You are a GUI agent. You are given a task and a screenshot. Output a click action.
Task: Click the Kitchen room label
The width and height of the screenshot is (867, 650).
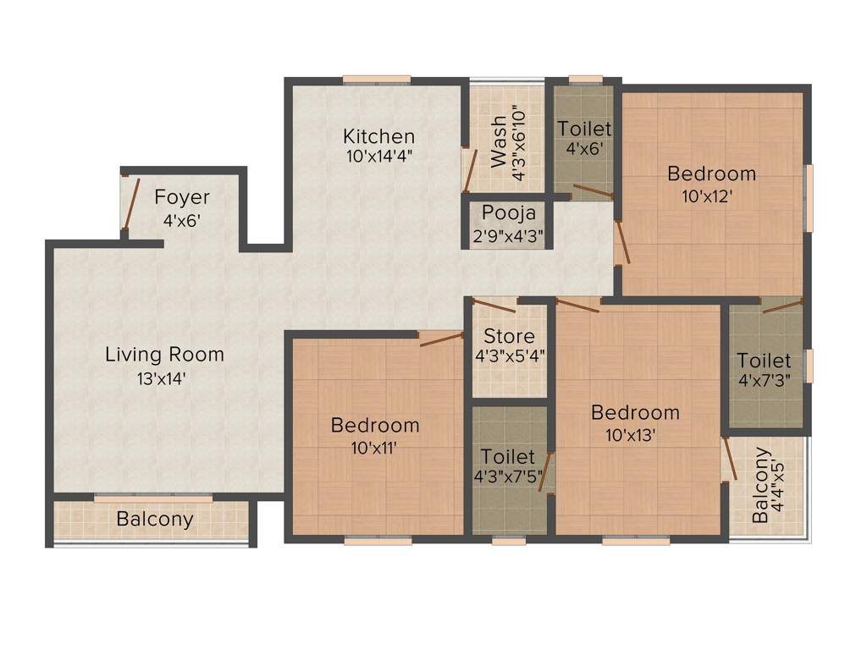coord(378,136)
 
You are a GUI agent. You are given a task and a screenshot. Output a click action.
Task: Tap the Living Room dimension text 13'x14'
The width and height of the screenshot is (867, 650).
coord(164,378)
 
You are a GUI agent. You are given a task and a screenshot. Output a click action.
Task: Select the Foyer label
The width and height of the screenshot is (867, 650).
coord(182,198)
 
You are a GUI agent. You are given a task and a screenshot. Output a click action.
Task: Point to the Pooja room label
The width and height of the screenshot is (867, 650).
coord(507,212)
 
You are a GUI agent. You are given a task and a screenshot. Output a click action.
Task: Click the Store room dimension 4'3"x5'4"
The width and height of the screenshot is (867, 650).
coord(510,356)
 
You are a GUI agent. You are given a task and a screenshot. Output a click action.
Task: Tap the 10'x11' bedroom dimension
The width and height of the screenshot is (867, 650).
coord(375,448)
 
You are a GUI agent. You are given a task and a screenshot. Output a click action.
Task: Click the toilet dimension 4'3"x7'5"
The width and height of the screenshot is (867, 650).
coord(510,476)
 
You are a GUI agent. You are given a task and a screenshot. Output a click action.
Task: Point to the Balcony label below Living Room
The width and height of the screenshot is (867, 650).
coord(155,520)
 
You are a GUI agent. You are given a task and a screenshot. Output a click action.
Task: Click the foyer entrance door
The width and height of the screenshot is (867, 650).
coord(128,204)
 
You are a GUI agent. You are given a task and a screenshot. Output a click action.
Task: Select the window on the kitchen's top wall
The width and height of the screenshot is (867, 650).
coord(377,80)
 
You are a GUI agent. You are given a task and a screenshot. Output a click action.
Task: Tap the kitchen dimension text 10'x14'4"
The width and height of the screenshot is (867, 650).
coord(378,156)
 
